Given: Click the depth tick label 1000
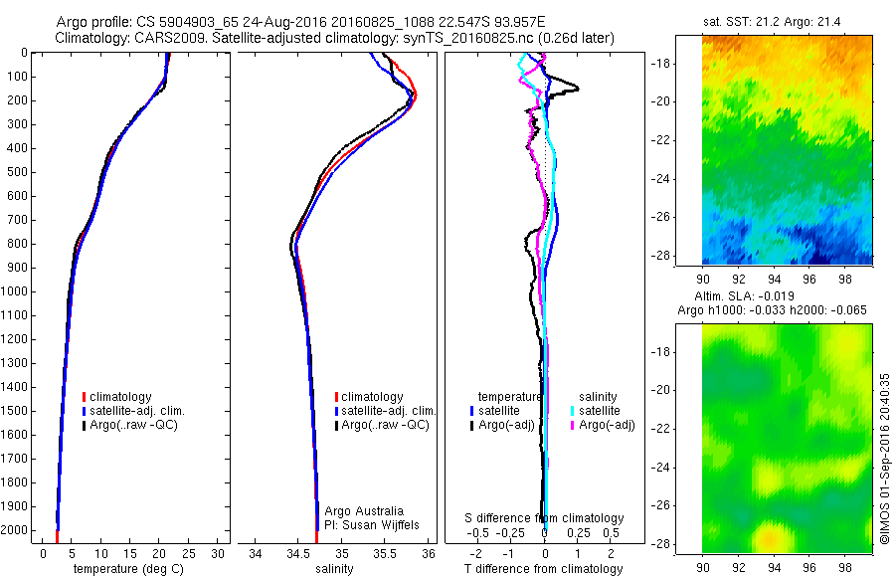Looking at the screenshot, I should (x=17, y=291).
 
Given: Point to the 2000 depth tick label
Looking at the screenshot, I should (x=17, y=530).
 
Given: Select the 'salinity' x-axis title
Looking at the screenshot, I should (x=336, y=569).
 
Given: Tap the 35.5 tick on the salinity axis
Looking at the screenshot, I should (x=385, y=553).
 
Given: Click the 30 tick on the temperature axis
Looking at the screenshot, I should (x=219, y=553).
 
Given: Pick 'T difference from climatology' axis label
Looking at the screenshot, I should (x=545, y=569).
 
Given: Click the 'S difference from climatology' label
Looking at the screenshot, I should (x=545, y=518).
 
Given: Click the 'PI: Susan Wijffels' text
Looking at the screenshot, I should (x=371, y=523).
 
